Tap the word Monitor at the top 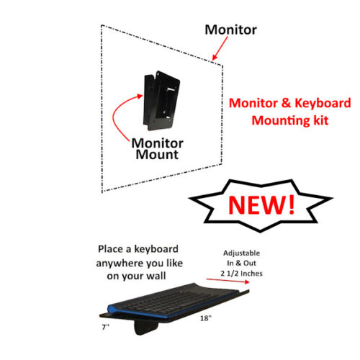[230, 30]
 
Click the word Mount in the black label [156, 154]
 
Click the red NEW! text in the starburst [261, 204]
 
